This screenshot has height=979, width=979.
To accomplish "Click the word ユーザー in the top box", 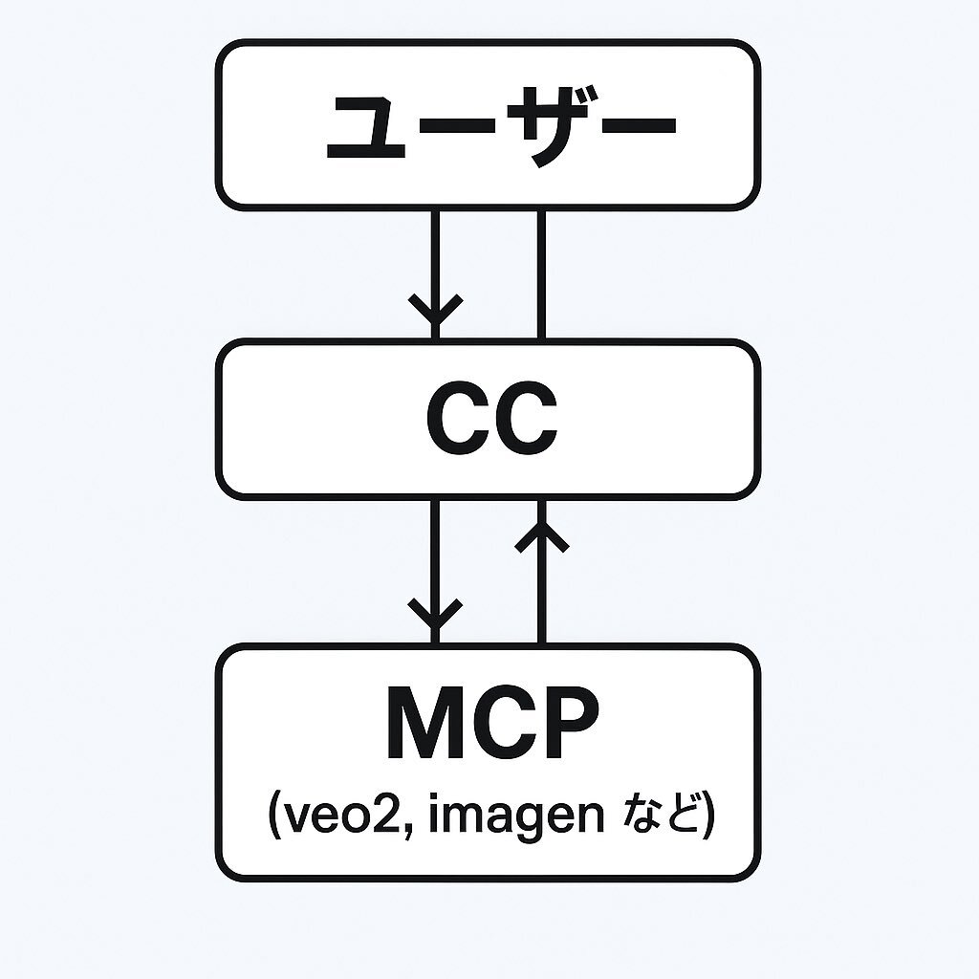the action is coord(501,127).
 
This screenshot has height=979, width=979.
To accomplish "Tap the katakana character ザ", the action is coord(550,127).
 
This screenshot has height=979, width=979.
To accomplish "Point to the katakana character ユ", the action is coord(366,129).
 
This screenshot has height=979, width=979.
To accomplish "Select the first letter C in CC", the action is coord(457,418).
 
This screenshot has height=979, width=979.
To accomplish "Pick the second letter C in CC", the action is coord(526,418).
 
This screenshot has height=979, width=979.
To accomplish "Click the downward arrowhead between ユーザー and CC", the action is coord(436,310).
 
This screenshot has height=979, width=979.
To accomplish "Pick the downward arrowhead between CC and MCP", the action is coord(435,615).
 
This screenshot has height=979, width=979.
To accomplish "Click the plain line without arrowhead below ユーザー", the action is coord(541,274).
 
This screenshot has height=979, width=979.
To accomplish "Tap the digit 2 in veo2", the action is coord(385,815).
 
